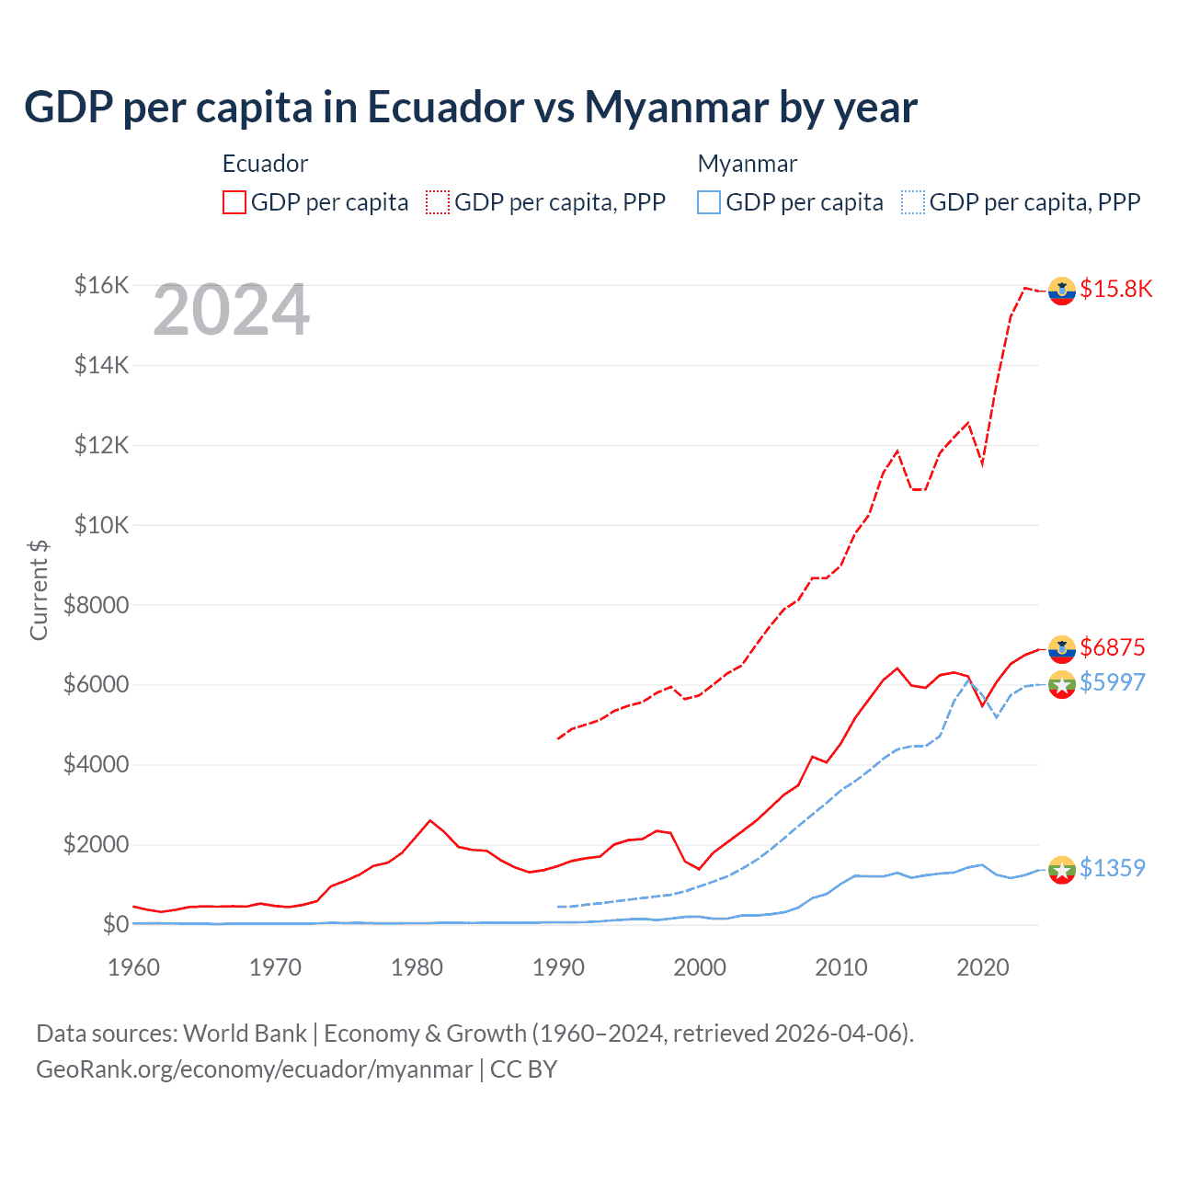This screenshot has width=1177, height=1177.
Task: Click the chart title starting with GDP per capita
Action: (470, 108)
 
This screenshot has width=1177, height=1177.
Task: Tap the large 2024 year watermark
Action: (231, 311)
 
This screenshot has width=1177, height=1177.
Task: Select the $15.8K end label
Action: (1115, 289)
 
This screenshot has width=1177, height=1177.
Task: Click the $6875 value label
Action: (1112, 647)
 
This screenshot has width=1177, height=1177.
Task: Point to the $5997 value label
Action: (1112, 682)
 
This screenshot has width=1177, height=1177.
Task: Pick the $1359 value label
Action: (1112, 868)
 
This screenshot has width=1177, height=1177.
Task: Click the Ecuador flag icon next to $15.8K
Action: (1062, 290)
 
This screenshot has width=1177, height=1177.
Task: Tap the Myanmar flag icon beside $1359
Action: (1062, 869)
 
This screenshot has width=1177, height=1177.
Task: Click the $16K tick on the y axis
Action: (101, 285)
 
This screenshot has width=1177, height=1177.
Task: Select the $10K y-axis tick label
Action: (101, 525)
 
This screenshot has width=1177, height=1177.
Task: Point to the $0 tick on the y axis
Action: (115, 924)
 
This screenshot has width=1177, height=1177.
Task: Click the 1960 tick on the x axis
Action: (134, 967)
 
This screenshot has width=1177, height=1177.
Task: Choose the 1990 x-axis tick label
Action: (558, 967)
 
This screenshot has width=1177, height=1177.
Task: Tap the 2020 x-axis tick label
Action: (983, 967)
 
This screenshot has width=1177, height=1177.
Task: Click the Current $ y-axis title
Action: (39, 590)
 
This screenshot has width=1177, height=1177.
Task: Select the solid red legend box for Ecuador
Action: (234, 202)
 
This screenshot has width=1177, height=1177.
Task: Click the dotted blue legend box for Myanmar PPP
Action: (913, 202)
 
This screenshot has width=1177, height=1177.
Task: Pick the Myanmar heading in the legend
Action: (747, 164)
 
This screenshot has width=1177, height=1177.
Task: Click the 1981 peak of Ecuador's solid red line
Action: (430, 820)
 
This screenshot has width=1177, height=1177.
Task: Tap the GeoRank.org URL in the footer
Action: (254, 1069)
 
